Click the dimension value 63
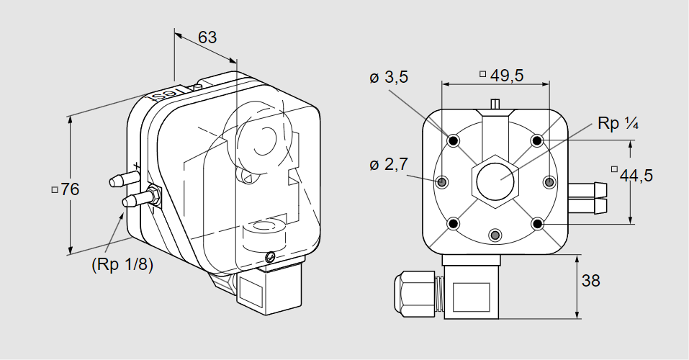pyautogui.click(x=207, y=37)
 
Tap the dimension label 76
pyautogui.click(x=70, y=189)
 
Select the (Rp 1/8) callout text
pyautogui.click(x=122, y=265)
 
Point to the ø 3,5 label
pyautogui.click(x=389, y=77)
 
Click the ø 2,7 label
pyautogui.click(x=389, y=164)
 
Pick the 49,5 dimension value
pyautogui.click(x=507, y=76)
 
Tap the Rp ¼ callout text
pyautogui.click(x=618, y=124)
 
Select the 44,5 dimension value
pyautogui.click(x=636, y=176)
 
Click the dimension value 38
pyautogui.click(x=590, y=280)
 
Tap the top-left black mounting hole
pyautogui.click(x=454, y=140)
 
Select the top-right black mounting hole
pyautogui.click(x=536, y=140)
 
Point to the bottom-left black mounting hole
pyautogui.click(x=454, y=224)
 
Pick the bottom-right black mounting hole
pyautogui.click(x=536, y=224)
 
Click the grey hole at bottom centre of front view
pyautogui.click(x=495, y=235)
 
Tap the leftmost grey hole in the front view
pyautogui.click(x=441, y=181)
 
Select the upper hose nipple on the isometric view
pyautogui.click(x=124, y=179)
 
